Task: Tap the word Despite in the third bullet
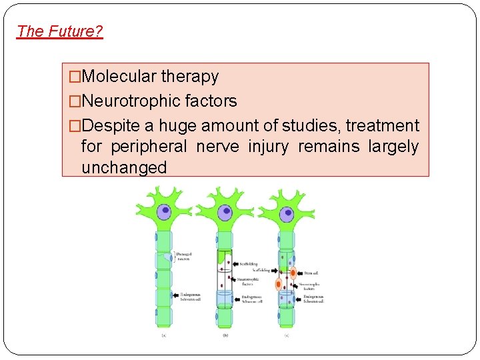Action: (110, 126)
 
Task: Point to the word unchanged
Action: (123, 167)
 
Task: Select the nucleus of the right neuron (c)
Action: (287, 214)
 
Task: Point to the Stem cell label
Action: (311, 272)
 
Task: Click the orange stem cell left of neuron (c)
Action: (279, 284)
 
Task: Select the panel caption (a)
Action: (163, 335)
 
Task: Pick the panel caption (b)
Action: (225, 335)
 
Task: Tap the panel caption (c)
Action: (287, 335)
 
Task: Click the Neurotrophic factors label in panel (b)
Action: (247, 280)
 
